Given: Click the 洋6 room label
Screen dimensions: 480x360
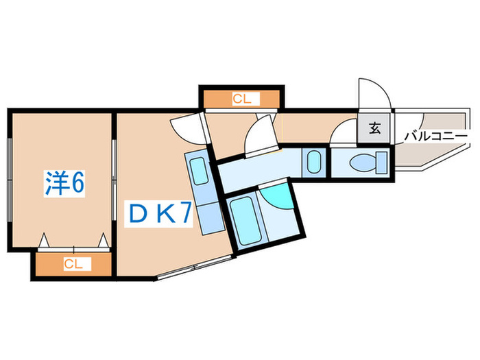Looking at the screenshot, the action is click(x=64, y=183).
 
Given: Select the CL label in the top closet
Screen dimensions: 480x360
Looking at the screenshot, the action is click(x=242, y=99).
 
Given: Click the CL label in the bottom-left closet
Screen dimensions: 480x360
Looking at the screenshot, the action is click(x=73, y=263).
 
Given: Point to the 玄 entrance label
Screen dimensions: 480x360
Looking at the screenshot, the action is click(x=374, y=128).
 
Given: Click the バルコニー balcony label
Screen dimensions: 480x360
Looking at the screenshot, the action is click(x=436, y=136).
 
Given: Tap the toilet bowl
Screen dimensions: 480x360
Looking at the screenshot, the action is click(x=363, y=163).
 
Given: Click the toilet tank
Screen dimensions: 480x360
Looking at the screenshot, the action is click(x=381, y=163).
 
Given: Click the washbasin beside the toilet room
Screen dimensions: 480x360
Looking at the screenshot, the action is click(x=314, y=163).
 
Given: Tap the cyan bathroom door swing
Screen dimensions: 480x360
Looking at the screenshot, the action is click(x=277, y=197).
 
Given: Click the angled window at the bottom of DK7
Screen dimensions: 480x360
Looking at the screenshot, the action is click(x=194, y=267).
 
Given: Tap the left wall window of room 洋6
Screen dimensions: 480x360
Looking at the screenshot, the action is click(x=10, y=180).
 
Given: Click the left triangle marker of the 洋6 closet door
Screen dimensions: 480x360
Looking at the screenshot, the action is click(x=44, y=240).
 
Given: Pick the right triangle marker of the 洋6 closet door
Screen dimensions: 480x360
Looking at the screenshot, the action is click(x=103, y=240).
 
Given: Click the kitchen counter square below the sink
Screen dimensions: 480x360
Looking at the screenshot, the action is click(x=212, y=218).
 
